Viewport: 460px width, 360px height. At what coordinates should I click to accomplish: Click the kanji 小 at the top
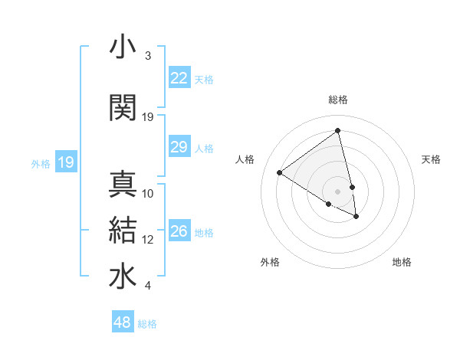pos(123,47)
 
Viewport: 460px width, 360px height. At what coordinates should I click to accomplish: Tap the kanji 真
pos(123,184)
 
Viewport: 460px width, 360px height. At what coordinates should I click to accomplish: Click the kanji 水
pos(123,277)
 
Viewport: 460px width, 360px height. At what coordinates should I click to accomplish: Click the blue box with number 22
pos(179,78)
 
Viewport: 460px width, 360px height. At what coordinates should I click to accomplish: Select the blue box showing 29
pos(179,147)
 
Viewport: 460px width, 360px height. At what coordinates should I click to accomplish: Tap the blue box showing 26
pos(179,231)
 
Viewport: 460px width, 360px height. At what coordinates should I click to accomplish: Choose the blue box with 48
pos(123,322)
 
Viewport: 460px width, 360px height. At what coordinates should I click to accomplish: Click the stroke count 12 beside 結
pos(148,240)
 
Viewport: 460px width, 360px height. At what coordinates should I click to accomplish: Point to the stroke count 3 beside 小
pos(147,56)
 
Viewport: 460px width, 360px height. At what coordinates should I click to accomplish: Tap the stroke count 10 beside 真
pos(148,193)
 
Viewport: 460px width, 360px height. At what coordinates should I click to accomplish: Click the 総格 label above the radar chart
pos(338,100)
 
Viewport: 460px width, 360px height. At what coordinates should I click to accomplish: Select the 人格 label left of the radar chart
pos(245,159)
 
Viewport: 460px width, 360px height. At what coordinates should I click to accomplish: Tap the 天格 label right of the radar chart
pos(431,159)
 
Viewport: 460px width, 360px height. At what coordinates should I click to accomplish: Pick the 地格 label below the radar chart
pos(402,262)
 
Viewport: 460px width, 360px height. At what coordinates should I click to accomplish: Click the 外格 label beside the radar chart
pos(270,262)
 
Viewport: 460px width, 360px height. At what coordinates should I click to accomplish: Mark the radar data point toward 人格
pos(280,172)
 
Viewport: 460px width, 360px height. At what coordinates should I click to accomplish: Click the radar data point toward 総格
pos(338,131)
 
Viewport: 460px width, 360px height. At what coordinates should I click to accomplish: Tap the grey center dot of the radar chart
pos(338,191)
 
